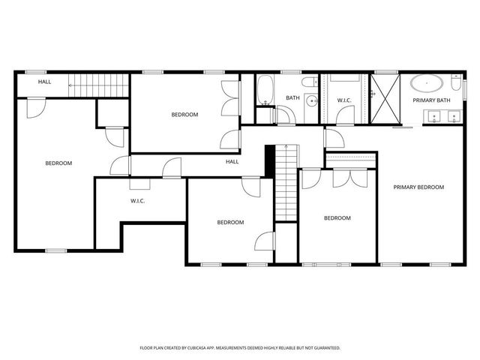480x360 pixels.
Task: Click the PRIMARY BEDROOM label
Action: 419,187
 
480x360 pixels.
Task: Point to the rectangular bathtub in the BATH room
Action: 264,91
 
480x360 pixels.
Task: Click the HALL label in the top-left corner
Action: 45,82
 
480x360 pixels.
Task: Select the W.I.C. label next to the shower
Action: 344,100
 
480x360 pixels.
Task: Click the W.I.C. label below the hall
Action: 137,201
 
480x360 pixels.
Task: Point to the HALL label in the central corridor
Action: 232,161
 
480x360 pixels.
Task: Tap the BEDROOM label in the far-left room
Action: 58,163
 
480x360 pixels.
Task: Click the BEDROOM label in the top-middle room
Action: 184,114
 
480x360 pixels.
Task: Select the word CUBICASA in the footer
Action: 214,348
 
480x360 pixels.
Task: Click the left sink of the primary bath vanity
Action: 433,115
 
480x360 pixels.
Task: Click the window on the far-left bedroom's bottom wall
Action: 55,250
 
